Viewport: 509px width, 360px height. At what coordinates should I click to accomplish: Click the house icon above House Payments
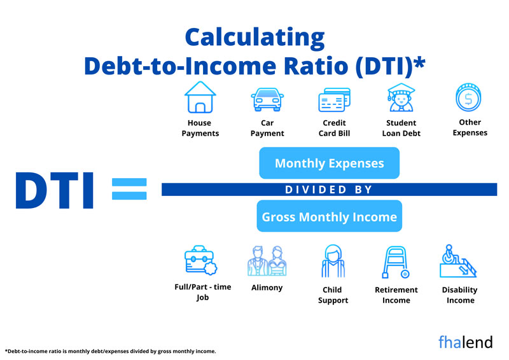tap(199, 97)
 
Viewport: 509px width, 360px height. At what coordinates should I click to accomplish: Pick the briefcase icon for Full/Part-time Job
tap(200, 261)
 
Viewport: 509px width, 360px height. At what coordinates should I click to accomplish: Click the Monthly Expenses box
tap(329, 163)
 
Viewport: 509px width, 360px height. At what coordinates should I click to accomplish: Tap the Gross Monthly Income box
tap(329, 217)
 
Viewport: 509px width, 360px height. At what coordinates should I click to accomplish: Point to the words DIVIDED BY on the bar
tap(328, 190)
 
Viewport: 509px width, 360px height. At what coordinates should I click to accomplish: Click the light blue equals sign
tap(129, 189)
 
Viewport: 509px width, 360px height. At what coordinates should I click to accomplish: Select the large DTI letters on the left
tap(54, 189)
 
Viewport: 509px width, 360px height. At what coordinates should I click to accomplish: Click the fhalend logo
tap(465, 342)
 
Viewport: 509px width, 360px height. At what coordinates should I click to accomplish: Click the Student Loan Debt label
tap(401, 128)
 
